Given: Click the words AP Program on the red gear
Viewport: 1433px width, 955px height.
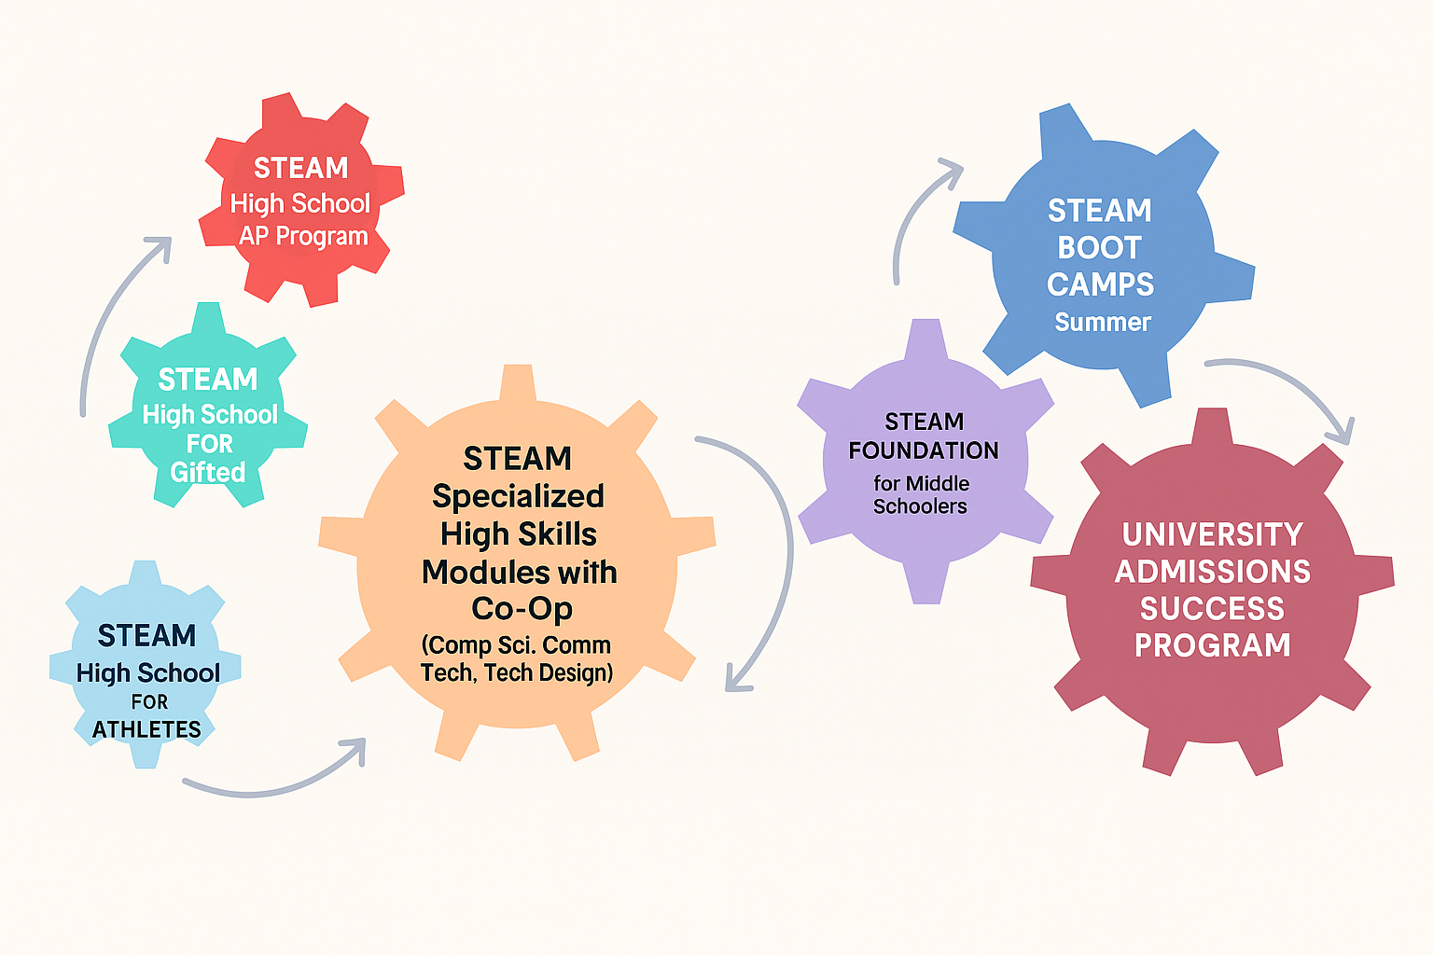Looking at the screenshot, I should pos(303,237).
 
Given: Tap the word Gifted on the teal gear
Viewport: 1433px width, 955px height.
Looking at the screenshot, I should pos(208,472).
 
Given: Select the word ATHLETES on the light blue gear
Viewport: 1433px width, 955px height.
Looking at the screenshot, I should pos(146,729).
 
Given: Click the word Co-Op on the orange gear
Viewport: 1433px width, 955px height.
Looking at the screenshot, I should pos(522,609).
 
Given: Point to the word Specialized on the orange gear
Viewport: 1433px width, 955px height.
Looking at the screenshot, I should pos(518,496).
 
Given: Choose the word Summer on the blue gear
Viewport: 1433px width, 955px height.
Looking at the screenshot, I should pos(1103,323).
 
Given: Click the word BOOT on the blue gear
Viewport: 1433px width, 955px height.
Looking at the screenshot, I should pos(1099,248).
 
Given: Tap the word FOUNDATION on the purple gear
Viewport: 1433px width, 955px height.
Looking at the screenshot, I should pos(924,451).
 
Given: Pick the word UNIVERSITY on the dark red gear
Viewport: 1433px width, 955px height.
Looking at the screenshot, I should pos(1212,534).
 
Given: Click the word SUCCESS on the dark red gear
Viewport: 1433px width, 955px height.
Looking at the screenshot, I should pos(1212,609).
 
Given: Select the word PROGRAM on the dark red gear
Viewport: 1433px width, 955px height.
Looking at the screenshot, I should pos(1212,645).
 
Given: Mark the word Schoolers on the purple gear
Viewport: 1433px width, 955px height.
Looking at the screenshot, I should pos(920,506).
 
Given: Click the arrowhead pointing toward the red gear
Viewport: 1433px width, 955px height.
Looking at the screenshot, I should pos(160,246).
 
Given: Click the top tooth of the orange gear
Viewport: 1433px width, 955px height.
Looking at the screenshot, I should pos(518,383).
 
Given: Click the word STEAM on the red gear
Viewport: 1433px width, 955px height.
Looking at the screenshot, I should pos(300,168).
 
